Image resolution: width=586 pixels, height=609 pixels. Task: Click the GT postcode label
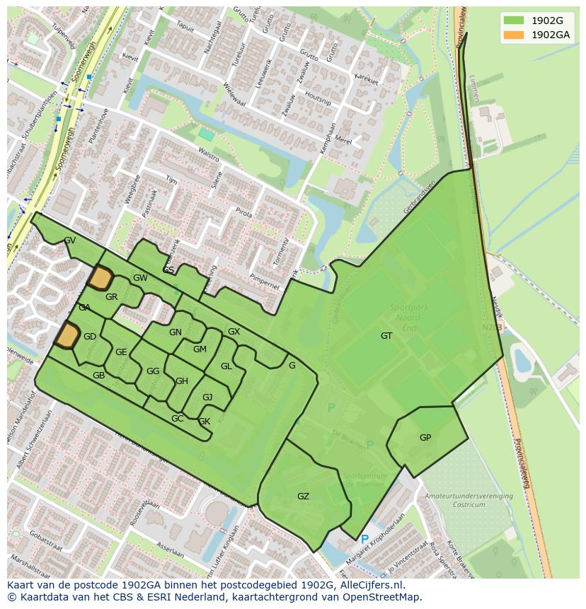click(386, 336)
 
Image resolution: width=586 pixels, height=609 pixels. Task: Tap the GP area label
click(425, 438)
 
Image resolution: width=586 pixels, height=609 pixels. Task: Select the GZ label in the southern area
click(303, 497)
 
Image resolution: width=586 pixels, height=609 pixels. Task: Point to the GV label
click(69, 240)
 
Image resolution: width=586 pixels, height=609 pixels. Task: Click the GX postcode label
click(234, 332)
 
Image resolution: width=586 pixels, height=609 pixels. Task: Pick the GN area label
click(175, 332)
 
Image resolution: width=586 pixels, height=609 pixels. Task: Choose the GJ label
click(207, 398)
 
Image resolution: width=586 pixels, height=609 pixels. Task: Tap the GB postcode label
click(98, 376)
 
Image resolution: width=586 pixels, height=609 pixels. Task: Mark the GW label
click(140, 278)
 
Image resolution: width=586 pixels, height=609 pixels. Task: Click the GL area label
click(226, 366)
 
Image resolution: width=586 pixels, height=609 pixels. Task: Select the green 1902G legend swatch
click(514, 21)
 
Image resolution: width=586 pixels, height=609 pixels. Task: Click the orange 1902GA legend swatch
click(514, 35)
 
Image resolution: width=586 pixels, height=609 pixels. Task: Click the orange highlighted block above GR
click(100, 278)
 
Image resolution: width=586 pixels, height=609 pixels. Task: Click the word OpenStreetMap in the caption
click(383, 597)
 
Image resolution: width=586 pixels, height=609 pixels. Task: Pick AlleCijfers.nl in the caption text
click(369, 585)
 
